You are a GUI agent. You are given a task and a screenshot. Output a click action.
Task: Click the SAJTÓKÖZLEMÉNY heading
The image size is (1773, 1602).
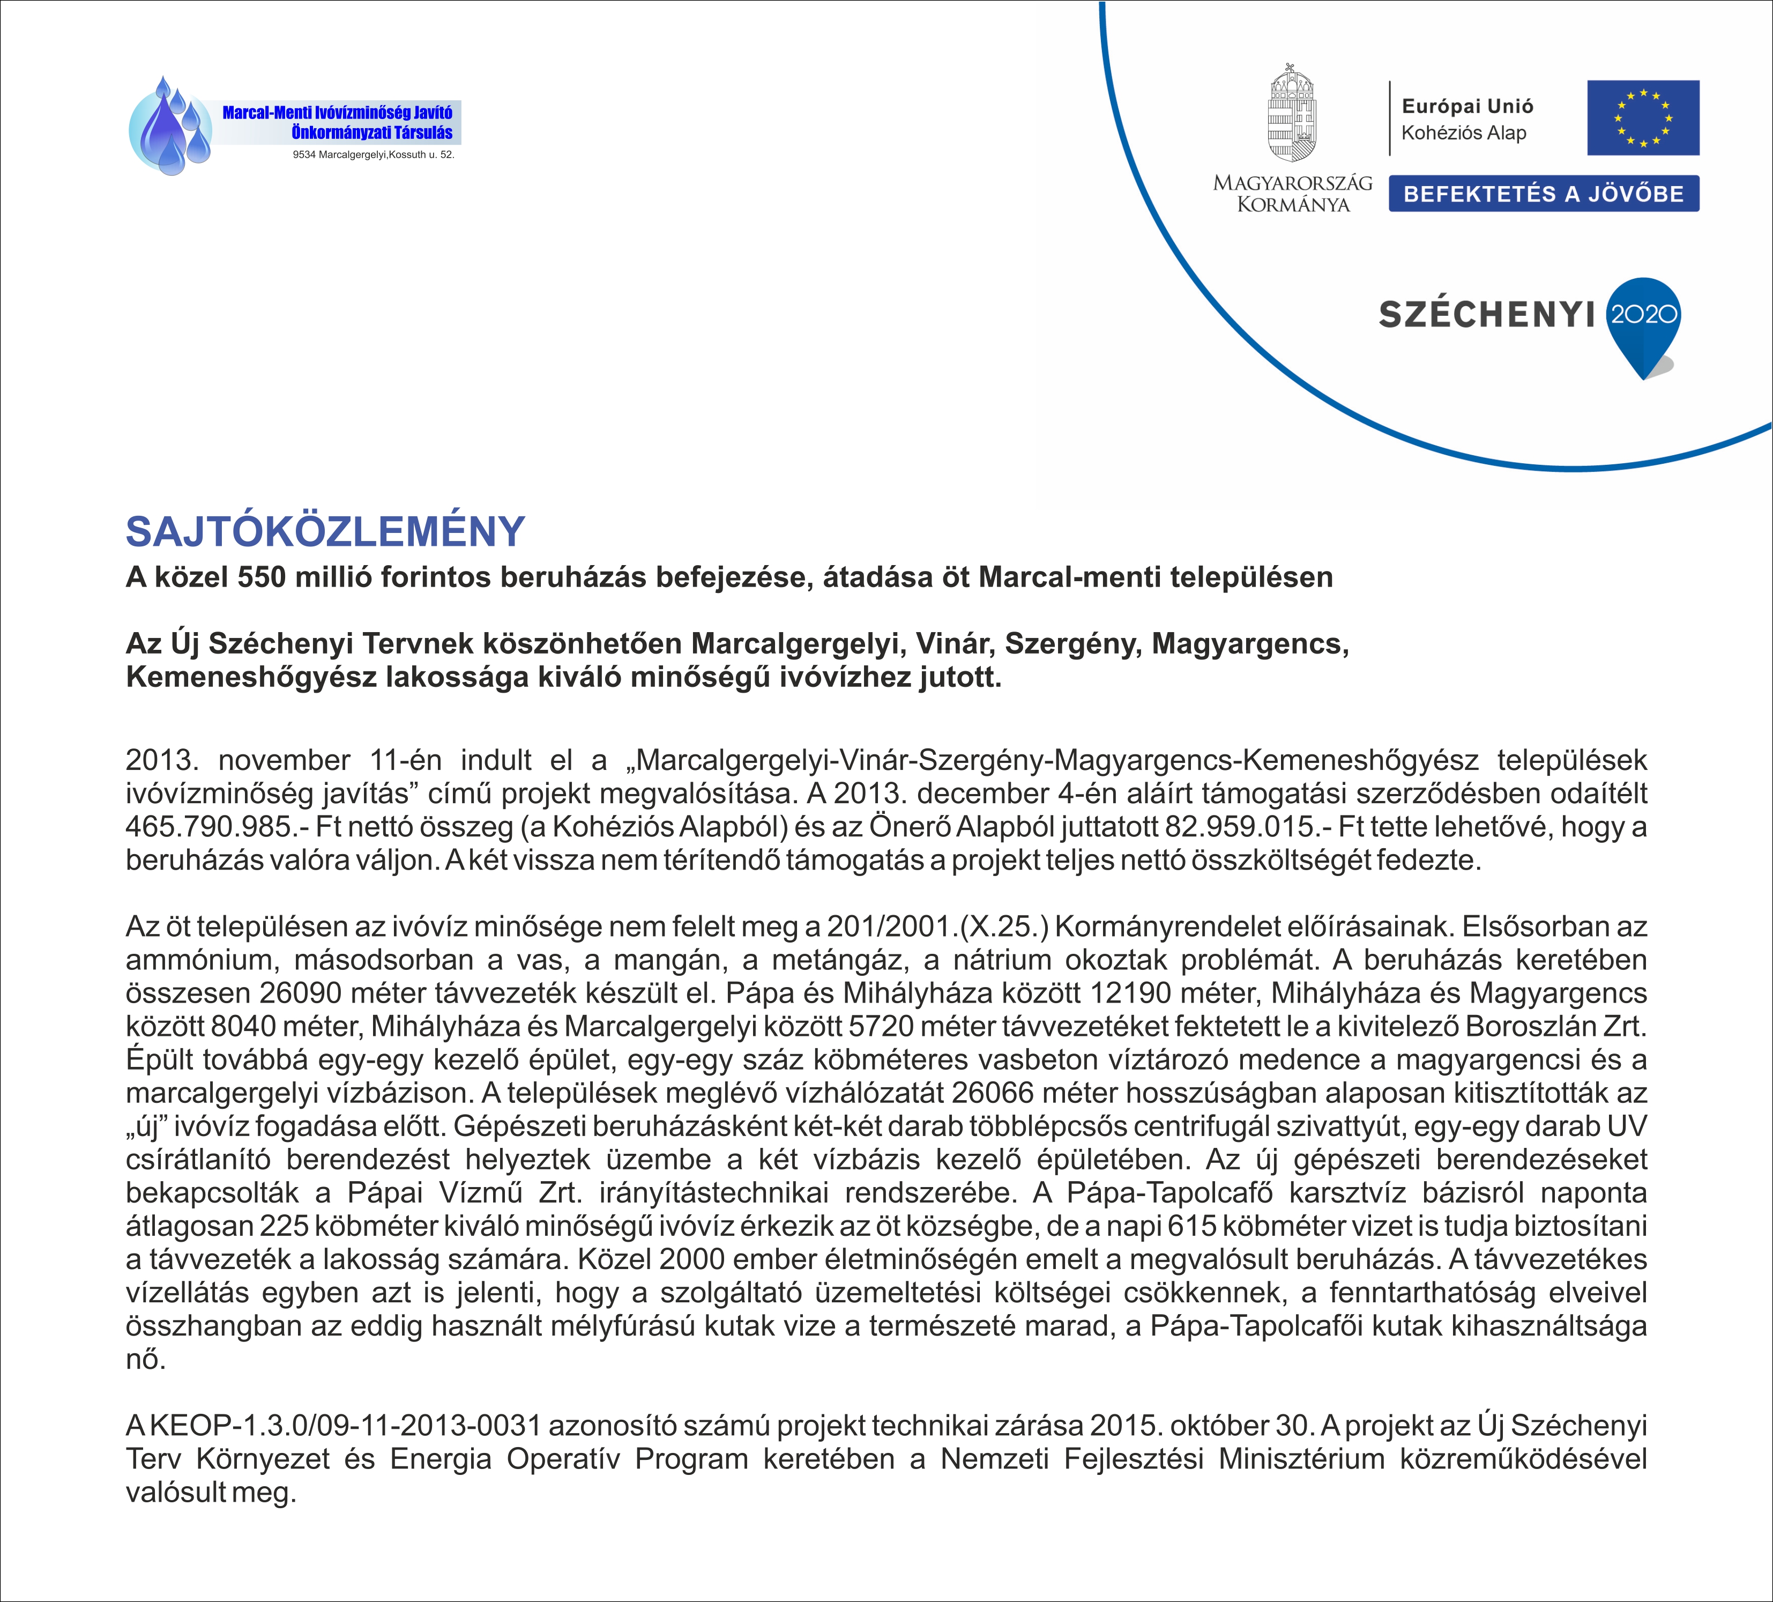click(325, 531)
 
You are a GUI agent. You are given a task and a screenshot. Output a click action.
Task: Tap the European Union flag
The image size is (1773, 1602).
click(1643, 118)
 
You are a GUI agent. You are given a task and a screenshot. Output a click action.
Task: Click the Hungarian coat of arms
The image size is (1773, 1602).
click(1292, 114)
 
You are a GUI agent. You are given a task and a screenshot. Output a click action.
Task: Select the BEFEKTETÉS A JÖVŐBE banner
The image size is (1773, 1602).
click(1544, 194)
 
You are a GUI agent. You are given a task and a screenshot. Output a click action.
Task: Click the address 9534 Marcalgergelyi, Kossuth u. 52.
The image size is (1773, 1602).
click(373, 155)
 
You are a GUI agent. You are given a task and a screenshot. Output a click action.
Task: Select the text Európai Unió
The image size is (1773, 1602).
click(1467, 107)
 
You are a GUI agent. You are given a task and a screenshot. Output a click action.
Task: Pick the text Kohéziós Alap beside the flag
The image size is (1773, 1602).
click(1463, 133)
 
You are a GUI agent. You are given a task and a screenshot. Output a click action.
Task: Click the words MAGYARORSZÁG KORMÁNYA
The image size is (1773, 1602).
click(1292, 194)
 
